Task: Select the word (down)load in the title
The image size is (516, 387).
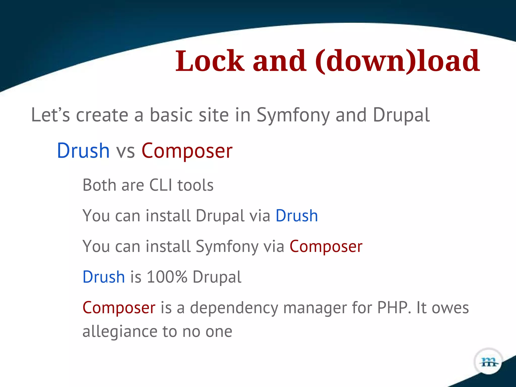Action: pyautogui.click(x=397, y=61)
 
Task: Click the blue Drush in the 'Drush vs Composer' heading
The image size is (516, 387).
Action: pyautogui.click(x=83, y=151)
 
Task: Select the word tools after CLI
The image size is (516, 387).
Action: pyautogui.click(x=196, y=185)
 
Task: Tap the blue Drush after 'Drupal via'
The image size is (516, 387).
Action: pyautogui.click(x=297, y=216)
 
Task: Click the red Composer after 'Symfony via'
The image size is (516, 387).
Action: pyautogui.click(x=326, y=246)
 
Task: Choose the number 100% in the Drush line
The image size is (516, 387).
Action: pyautogui.click(x=167, y=277)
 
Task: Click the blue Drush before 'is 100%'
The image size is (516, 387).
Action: pyautogui.click(x=104, y=277)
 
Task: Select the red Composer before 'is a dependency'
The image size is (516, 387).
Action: pyautogui.click(x=119, y=308)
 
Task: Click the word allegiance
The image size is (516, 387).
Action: pyautogui.click(x=120, y=332)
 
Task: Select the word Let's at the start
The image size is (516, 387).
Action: pyautogui.click(x=50, y=115)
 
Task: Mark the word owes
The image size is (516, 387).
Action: pyautogui.click(x=450, y=308)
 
